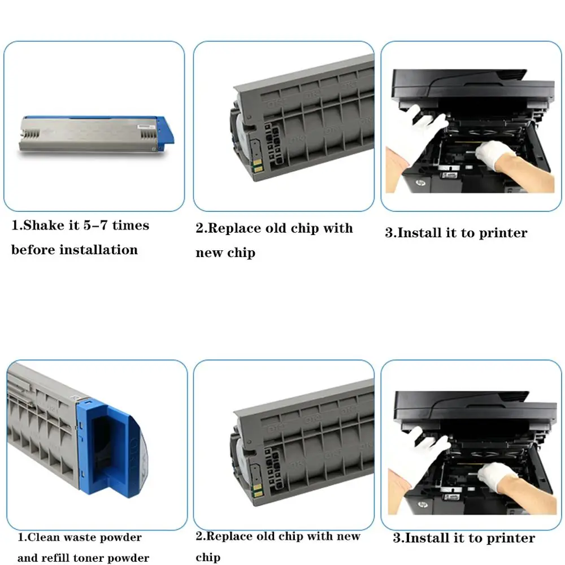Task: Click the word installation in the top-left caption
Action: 99,250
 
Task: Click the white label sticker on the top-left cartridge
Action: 146,127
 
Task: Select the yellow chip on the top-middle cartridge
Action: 257,166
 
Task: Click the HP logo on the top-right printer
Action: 420,183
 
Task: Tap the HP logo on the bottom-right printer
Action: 422,505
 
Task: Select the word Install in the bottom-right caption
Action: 426,538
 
